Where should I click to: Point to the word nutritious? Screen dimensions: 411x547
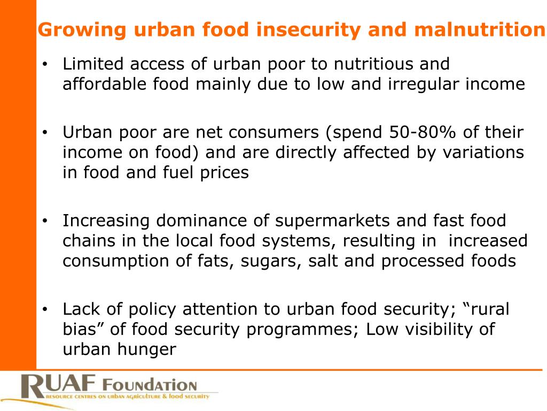[373, 64]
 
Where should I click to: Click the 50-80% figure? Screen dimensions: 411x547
[420, 132]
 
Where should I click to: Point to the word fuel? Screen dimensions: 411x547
[189, 172]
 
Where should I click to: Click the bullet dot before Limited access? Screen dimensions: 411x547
[46, 65]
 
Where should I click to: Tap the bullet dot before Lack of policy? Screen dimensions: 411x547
[46, 310]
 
